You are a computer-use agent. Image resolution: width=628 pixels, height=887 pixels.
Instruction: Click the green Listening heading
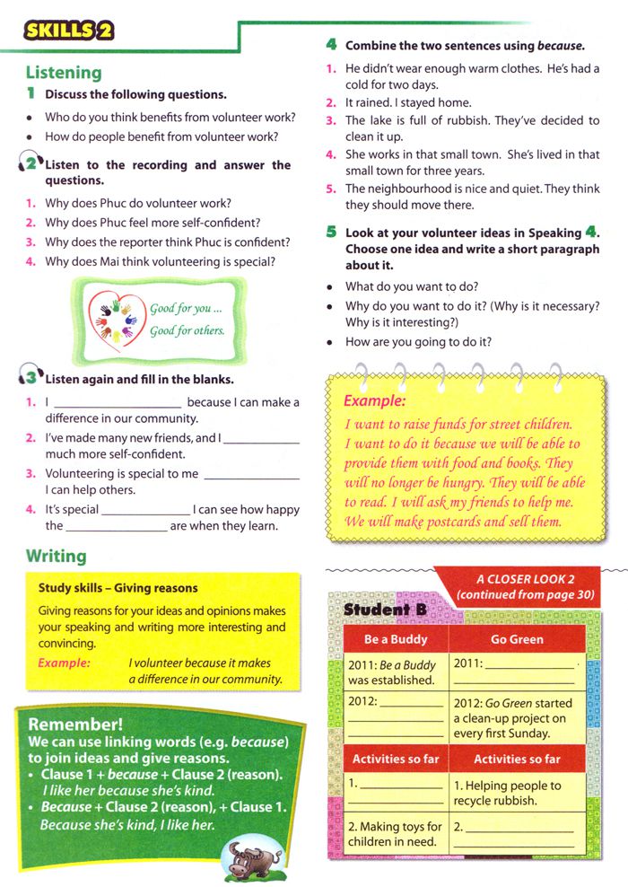pos(64,73)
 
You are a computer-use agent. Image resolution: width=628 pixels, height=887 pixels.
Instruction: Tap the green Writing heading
pos(56,557)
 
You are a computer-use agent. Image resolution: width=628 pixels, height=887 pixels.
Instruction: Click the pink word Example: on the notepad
pos(375,401)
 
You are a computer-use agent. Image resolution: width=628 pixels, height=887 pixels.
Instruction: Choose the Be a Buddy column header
pos(395,639)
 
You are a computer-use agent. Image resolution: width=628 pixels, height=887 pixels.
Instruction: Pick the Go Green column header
pos(517,639)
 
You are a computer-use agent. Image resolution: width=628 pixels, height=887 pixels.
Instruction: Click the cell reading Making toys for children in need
pos(395,834)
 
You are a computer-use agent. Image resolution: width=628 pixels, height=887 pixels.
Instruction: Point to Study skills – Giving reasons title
pos(118,588)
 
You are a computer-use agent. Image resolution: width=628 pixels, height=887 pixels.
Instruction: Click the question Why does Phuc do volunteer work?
pos(138,203)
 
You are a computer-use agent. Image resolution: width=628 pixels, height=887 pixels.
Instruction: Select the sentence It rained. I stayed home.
pos(408,102)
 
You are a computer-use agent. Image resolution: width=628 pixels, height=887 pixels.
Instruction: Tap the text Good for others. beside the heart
pos(188,329)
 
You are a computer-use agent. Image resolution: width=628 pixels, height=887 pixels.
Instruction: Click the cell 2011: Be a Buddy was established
pos(395,672)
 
